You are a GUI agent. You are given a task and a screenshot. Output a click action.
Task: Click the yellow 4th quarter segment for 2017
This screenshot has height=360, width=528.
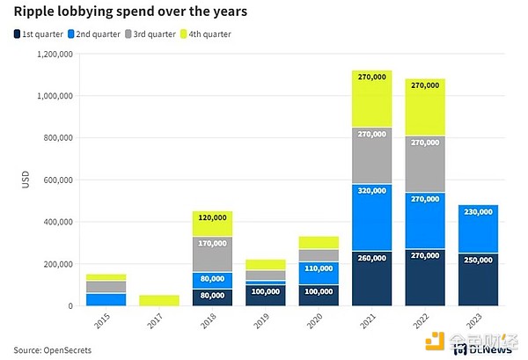click(x=158, y=300)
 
